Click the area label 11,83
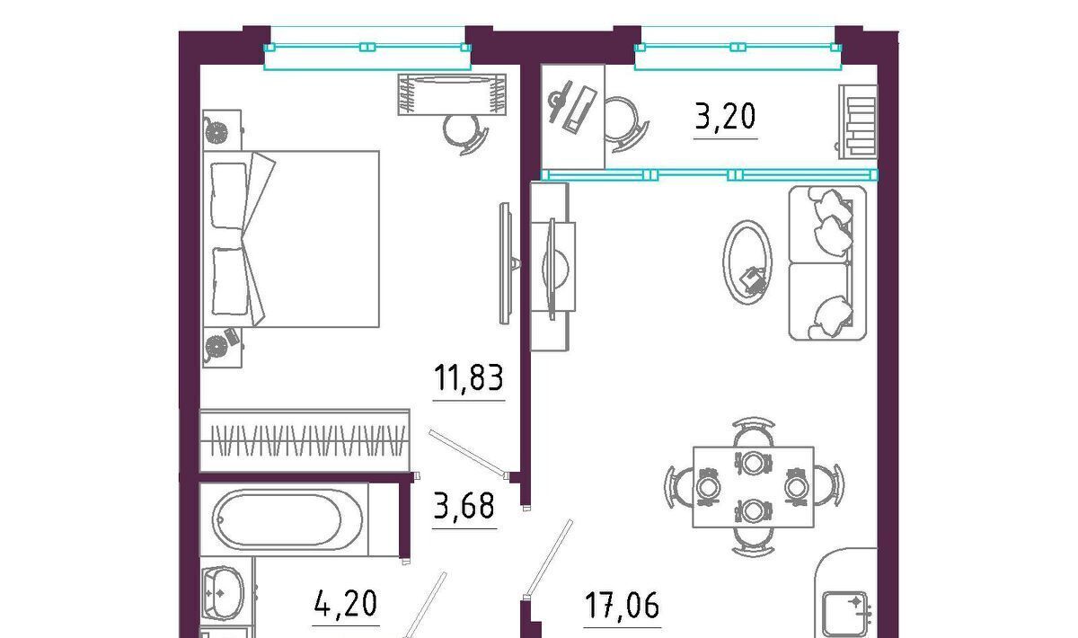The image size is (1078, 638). (x=469, y=377)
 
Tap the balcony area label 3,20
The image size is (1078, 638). (x=725, y=117)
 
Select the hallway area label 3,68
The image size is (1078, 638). (x=464, y=506)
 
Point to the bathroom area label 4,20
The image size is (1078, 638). (x=346, y=604)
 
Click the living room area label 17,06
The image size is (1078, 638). (x=622, y=606)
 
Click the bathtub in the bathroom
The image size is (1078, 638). (x=287, y=520)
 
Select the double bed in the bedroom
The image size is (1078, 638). (x=291, y=239)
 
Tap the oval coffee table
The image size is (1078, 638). (x=747, y=262)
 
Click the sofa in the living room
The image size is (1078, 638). (x=827, y=263)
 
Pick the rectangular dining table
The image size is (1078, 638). (x=753, y=487)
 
